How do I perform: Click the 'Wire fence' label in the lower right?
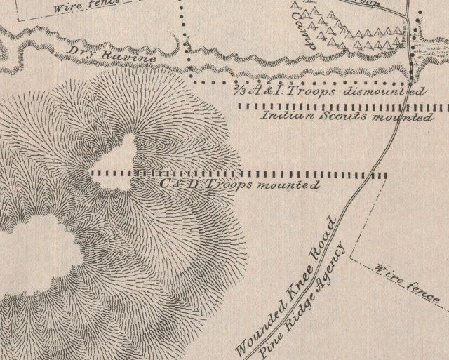pos(407,284)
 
